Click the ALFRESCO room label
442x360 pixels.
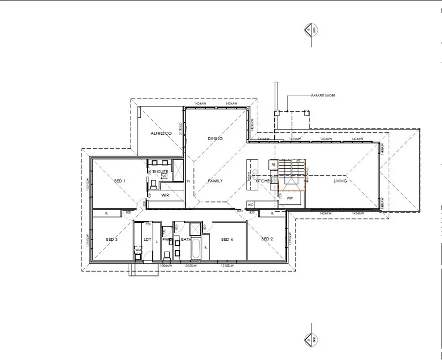tap(161, 133)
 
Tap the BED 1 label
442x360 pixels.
tap(119, 181)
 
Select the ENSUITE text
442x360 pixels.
tap(160, 172)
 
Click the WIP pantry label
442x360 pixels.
tap(290, 198)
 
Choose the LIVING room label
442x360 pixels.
tap(340, 181)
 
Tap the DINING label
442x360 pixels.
tap(215, 139)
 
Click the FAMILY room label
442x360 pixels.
tap(215, 181)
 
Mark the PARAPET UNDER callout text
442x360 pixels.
tap(324, 96)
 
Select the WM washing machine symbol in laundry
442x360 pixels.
tap(138, 250)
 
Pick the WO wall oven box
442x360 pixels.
tap(251, 204)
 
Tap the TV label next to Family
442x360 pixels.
tap(188, 181)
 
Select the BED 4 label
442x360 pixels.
tap(227, 239)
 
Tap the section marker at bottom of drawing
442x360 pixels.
tap(308, 339)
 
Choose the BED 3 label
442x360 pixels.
tap(112, 239)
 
